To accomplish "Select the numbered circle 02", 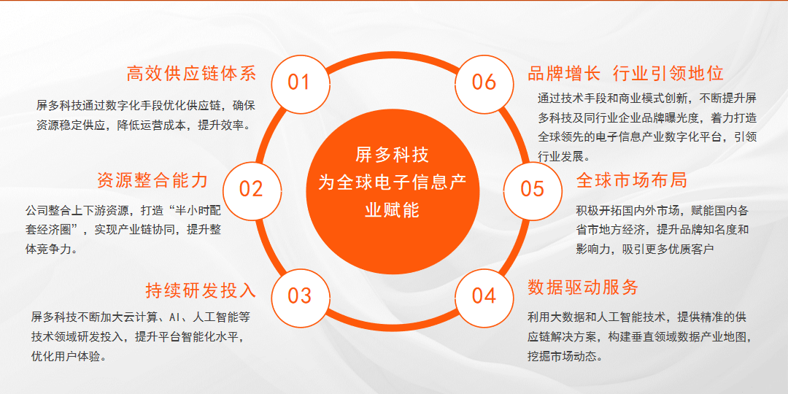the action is pos(252,190).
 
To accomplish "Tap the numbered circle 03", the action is pos(300,297).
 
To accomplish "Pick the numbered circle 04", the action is pos(484,297).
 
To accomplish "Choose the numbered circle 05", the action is pos(532,190).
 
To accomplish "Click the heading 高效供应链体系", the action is pos(191,74).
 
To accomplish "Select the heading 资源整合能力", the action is pos(152,180).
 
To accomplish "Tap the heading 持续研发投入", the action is pos(201,290).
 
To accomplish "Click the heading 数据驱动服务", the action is pos(583,287).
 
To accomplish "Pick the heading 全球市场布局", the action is pos(632,180).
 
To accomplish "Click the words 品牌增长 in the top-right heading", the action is pos(564,74).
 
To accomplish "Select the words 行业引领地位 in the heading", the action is pos(668,74).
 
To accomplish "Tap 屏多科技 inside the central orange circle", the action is pos(393,155).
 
